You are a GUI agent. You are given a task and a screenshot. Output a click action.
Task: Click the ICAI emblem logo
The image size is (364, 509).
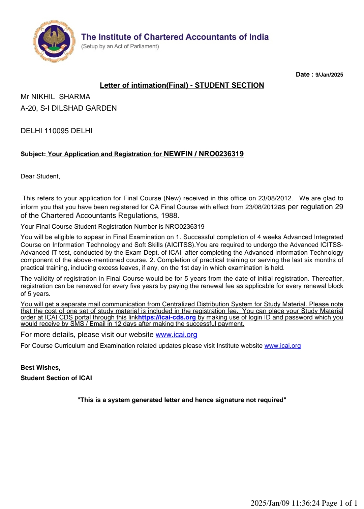point(54,41)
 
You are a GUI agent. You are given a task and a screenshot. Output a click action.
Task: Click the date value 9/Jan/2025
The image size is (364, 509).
point(329,75)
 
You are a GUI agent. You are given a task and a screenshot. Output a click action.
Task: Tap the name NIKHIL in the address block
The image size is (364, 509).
point(43,97)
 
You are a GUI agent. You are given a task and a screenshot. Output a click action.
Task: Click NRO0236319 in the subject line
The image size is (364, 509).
point(221,154)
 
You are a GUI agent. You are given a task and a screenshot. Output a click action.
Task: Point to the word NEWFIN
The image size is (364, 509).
point(178,154)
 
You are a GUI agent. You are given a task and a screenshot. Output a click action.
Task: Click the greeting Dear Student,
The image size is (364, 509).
point(40,176)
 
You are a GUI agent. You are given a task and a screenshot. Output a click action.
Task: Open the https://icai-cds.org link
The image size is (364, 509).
point(167,317)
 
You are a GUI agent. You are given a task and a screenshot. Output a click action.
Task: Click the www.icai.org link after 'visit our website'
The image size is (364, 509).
point(176,335)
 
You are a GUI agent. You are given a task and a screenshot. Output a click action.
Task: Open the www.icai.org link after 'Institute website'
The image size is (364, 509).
point(282,346)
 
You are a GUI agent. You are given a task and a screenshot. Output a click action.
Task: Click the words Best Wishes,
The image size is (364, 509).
point(40,368)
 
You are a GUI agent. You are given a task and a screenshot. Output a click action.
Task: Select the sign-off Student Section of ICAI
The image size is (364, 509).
point(56,378)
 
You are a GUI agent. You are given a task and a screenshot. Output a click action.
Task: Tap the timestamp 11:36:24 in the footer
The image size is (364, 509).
point(305,503)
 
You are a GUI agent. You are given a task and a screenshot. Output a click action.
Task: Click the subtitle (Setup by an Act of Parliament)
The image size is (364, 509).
point(120,47)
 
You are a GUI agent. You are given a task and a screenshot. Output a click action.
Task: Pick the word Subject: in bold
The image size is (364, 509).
point(33,154)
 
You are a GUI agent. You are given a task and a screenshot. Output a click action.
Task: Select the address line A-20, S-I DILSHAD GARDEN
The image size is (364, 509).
point(69,108)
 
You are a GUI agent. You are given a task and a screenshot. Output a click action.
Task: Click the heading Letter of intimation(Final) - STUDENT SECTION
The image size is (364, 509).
point(182,85)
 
